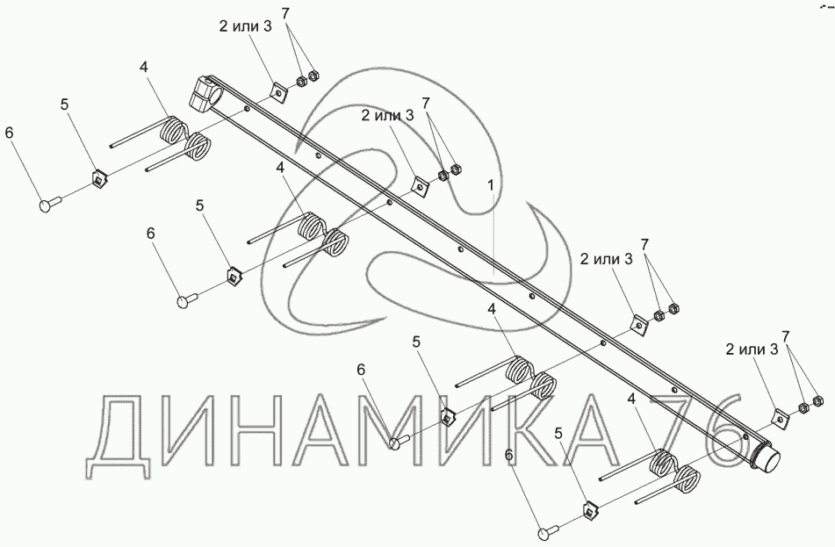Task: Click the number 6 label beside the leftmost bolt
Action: click(10, 133)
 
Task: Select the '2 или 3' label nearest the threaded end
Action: click(752, 349)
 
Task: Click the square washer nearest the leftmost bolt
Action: click(98, 179)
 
